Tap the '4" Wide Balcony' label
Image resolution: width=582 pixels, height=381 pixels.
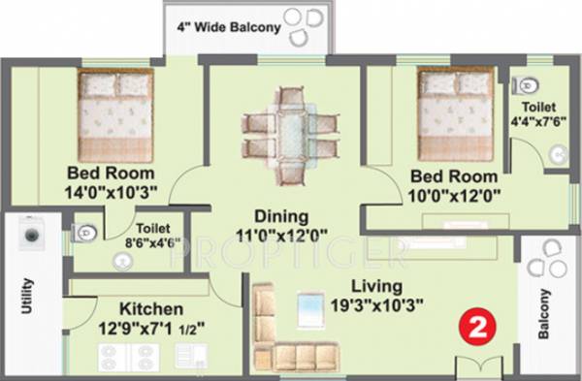pos(228,27)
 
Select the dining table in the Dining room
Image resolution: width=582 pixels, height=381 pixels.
pos(289,134)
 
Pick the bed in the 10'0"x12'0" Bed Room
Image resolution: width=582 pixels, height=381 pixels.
pos(455,114)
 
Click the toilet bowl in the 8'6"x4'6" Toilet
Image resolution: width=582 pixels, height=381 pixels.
pos(84,231)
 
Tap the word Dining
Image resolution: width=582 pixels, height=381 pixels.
pos(281,216)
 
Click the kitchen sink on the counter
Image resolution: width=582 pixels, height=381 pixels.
pos(189,356)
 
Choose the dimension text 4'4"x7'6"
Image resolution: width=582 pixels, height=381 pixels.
pos(531,122)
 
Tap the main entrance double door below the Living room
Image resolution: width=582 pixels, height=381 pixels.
pos(468,365)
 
